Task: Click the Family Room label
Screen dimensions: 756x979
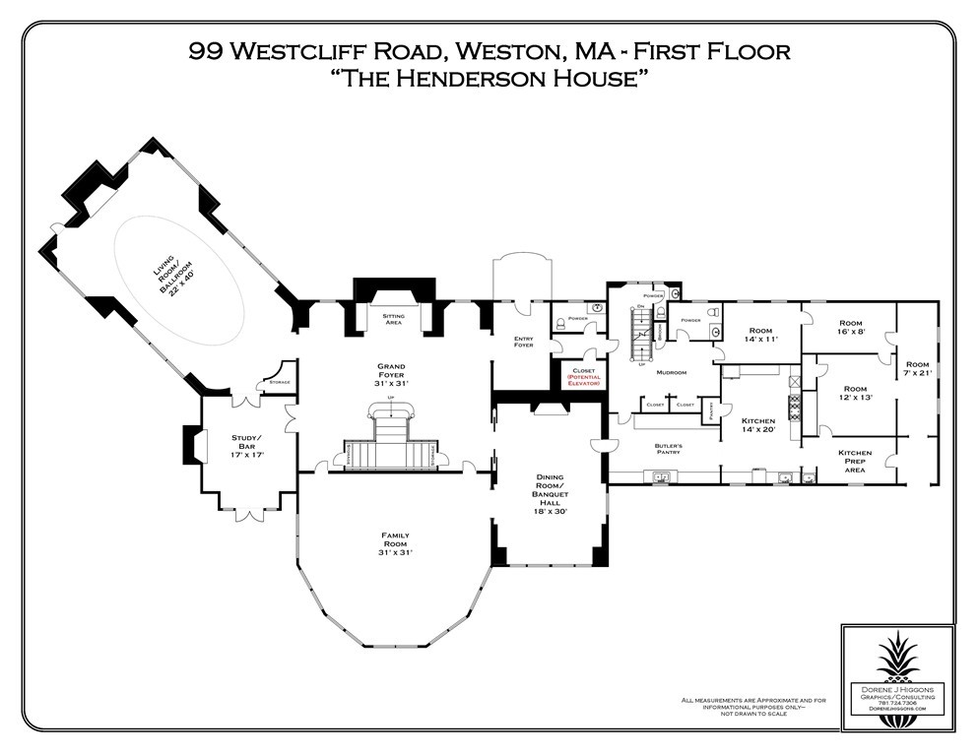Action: point(395,543)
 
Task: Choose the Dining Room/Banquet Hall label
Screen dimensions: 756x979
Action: point(549,488)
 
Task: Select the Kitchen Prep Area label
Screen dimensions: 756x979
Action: point(854,460)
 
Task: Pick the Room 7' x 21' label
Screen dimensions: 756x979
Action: point(917,369)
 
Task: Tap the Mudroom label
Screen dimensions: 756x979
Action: point(671,374)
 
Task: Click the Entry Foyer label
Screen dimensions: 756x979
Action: point(523,343)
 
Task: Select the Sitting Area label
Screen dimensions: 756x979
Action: point(393,320)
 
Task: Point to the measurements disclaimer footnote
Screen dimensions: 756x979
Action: point(753,706)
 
